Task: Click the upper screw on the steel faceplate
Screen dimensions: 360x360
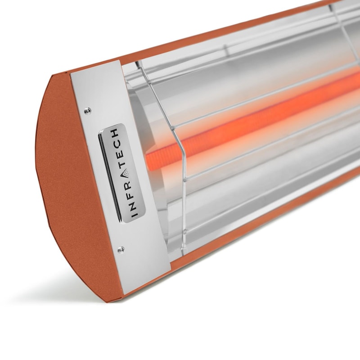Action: coord(88,109)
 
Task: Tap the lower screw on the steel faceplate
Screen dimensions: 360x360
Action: coord(120,248)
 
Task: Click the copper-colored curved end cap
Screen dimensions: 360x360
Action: coord(67,180)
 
